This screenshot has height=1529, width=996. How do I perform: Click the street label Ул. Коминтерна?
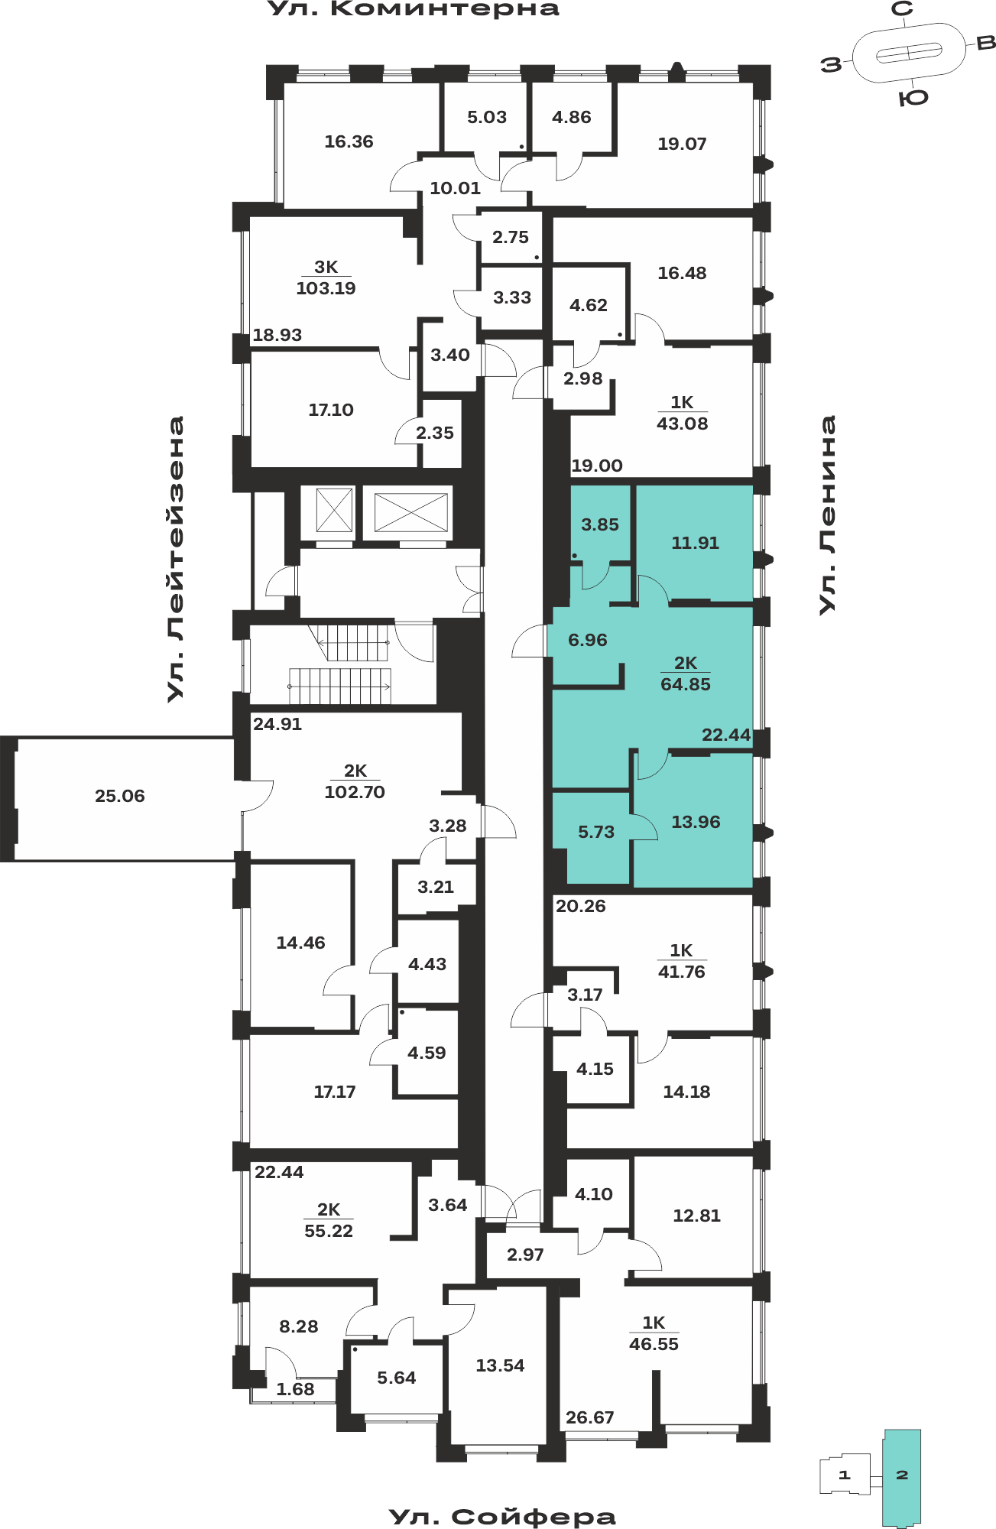[x=414, y=9]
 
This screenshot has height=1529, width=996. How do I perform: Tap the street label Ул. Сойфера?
[x=502, y=1517]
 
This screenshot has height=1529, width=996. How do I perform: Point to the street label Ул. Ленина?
[x=827, y=515]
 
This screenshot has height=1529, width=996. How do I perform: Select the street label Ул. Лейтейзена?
[x=176, y=559]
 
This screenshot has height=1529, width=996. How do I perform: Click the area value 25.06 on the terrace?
[x=120, y=796]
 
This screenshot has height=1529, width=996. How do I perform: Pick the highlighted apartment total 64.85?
[x=686, y=684]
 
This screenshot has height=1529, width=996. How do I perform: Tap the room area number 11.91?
[x=695, y=543]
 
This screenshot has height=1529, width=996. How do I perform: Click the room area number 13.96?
[x=696, y=822]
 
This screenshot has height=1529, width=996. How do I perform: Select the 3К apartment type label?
[x=326, y=267]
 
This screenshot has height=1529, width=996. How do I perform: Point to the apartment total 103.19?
[x=326, y=288]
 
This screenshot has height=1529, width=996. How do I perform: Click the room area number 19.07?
[x=682, y=144]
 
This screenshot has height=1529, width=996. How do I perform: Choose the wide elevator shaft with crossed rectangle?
[x=410, y=512]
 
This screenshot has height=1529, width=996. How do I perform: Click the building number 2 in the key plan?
[x=902, y=1475]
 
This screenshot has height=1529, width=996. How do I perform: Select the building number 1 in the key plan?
[x=845, y=1475]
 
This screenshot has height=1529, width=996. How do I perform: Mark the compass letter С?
[x=903, y=9]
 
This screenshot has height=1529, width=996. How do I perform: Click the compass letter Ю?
[x=913, y=97]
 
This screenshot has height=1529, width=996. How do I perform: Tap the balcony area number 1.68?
[x=295, y=1389]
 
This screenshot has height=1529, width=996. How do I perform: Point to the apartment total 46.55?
[x=654, y=1344]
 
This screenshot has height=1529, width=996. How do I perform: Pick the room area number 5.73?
[x=596, y=832]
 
